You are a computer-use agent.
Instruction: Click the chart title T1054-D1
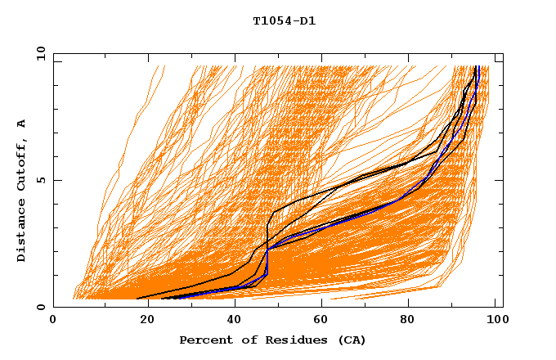284,21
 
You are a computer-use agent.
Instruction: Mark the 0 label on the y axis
41,307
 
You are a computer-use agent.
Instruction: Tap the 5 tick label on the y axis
41,180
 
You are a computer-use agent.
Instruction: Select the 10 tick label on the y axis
38,53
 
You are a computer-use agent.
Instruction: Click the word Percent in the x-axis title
204,340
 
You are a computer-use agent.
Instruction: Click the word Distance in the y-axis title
21,231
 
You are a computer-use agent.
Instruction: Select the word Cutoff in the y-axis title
21,164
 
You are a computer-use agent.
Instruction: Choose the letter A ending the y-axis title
21,123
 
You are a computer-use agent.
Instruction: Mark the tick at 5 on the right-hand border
499,180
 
